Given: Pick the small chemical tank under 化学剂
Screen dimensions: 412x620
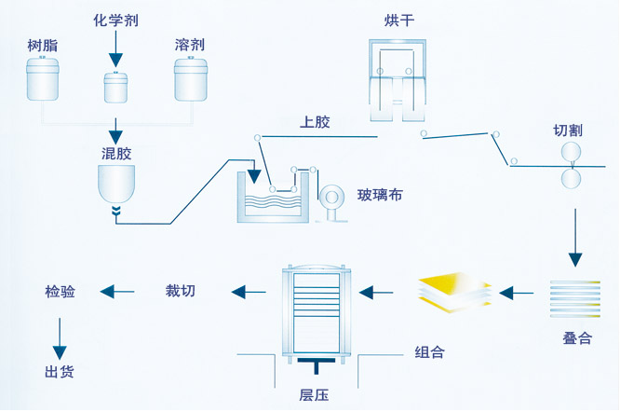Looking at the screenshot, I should [x=115, y=87].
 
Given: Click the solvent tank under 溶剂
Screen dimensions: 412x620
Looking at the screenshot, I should [x=190, y=78].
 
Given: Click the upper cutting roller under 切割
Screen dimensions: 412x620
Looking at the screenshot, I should [x=570, y=152].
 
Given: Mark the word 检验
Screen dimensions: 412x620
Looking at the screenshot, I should [x=60, y=292].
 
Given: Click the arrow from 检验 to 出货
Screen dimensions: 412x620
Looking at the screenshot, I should [x=60, y=337].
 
